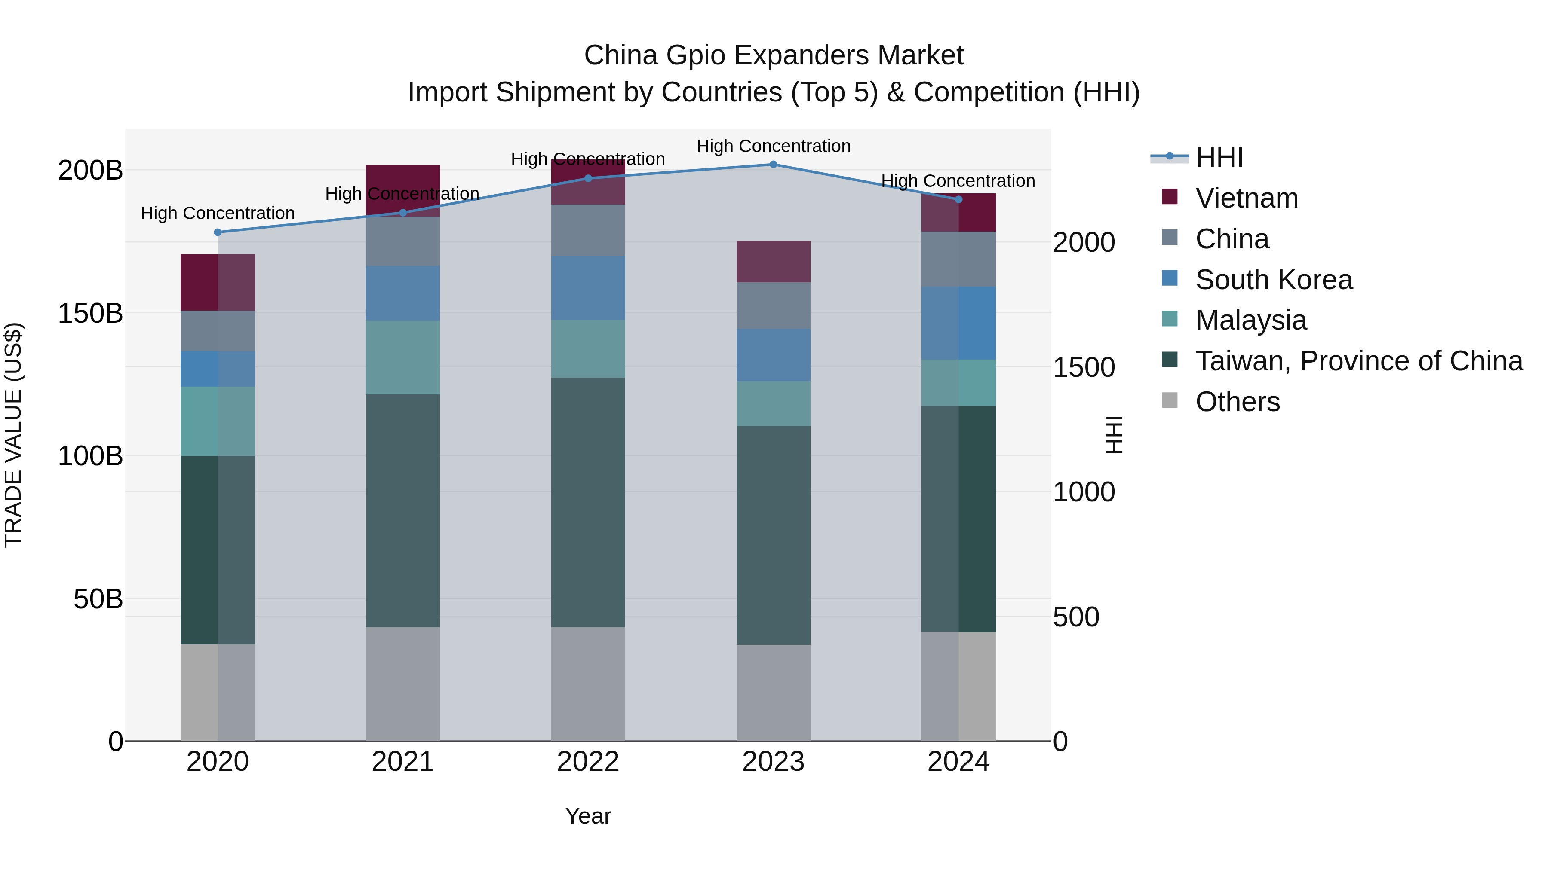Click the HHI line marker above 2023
point(774,165)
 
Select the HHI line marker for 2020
point(218,232)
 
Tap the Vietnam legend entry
point(1246,198)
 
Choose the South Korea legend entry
point(1273,280)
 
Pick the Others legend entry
point(1237,402)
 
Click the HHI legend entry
point(1218,157)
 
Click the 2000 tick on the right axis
point(1084,243)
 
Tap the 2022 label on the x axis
point(588,762)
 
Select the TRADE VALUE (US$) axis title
point(13,435)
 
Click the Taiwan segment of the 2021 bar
point(402,510)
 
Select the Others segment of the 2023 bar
point(774,693)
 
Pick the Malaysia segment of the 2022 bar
point(588,348)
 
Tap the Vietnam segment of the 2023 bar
point(774,261)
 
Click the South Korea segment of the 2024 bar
point(958,323)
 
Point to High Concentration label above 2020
point(218,213)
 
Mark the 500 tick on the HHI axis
point(1076,617)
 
